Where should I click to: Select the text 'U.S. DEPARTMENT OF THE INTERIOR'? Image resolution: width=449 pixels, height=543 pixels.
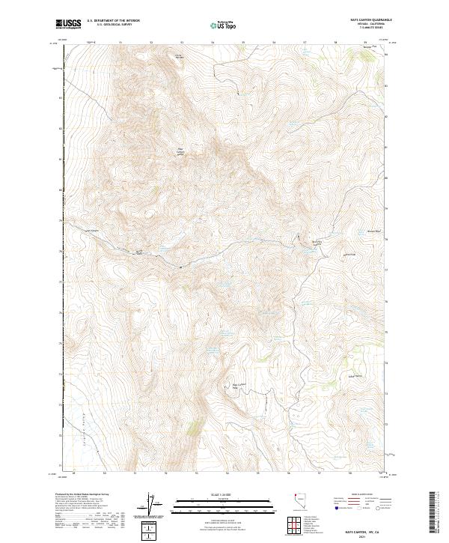113,20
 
